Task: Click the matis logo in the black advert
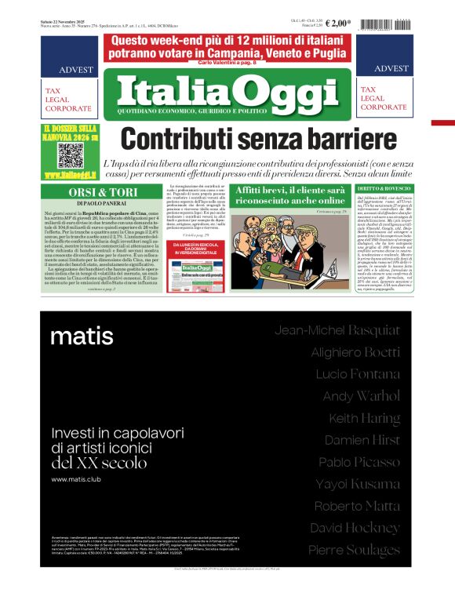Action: coord(82,336)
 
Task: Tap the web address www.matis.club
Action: coord(77,478)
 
